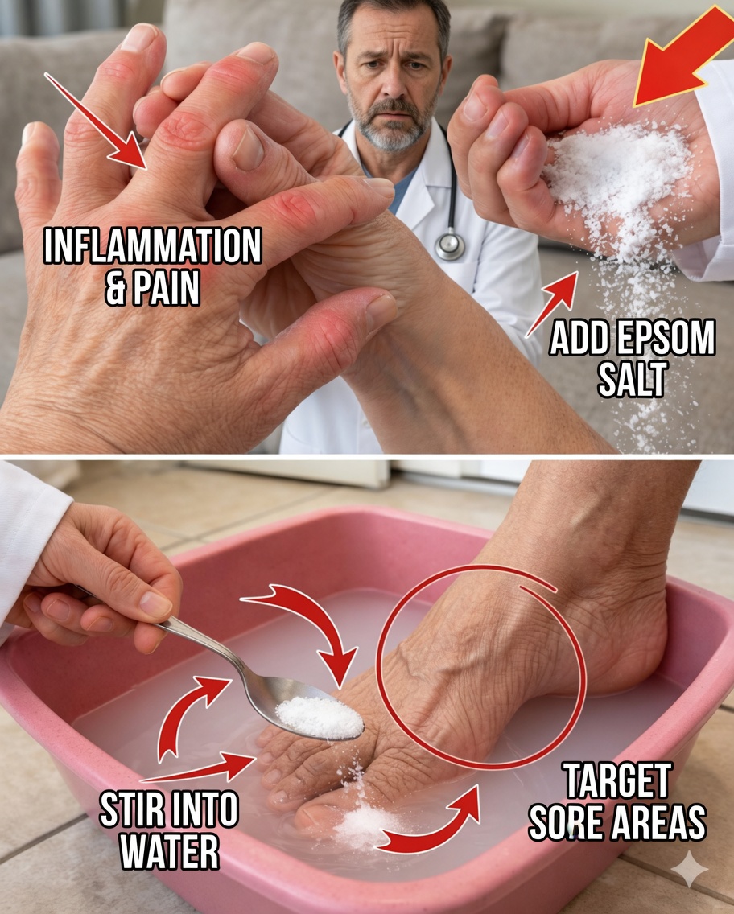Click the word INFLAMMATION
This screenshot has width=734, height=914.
[152, 249]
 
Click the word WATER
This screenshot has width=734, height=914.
[169, 852]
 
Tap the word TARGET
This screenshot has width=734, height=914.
[616, 781]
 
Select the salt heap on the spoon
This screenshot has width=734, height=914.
[320, 717]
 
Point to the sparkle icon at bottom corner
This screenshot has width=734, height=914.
[690, 869]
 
